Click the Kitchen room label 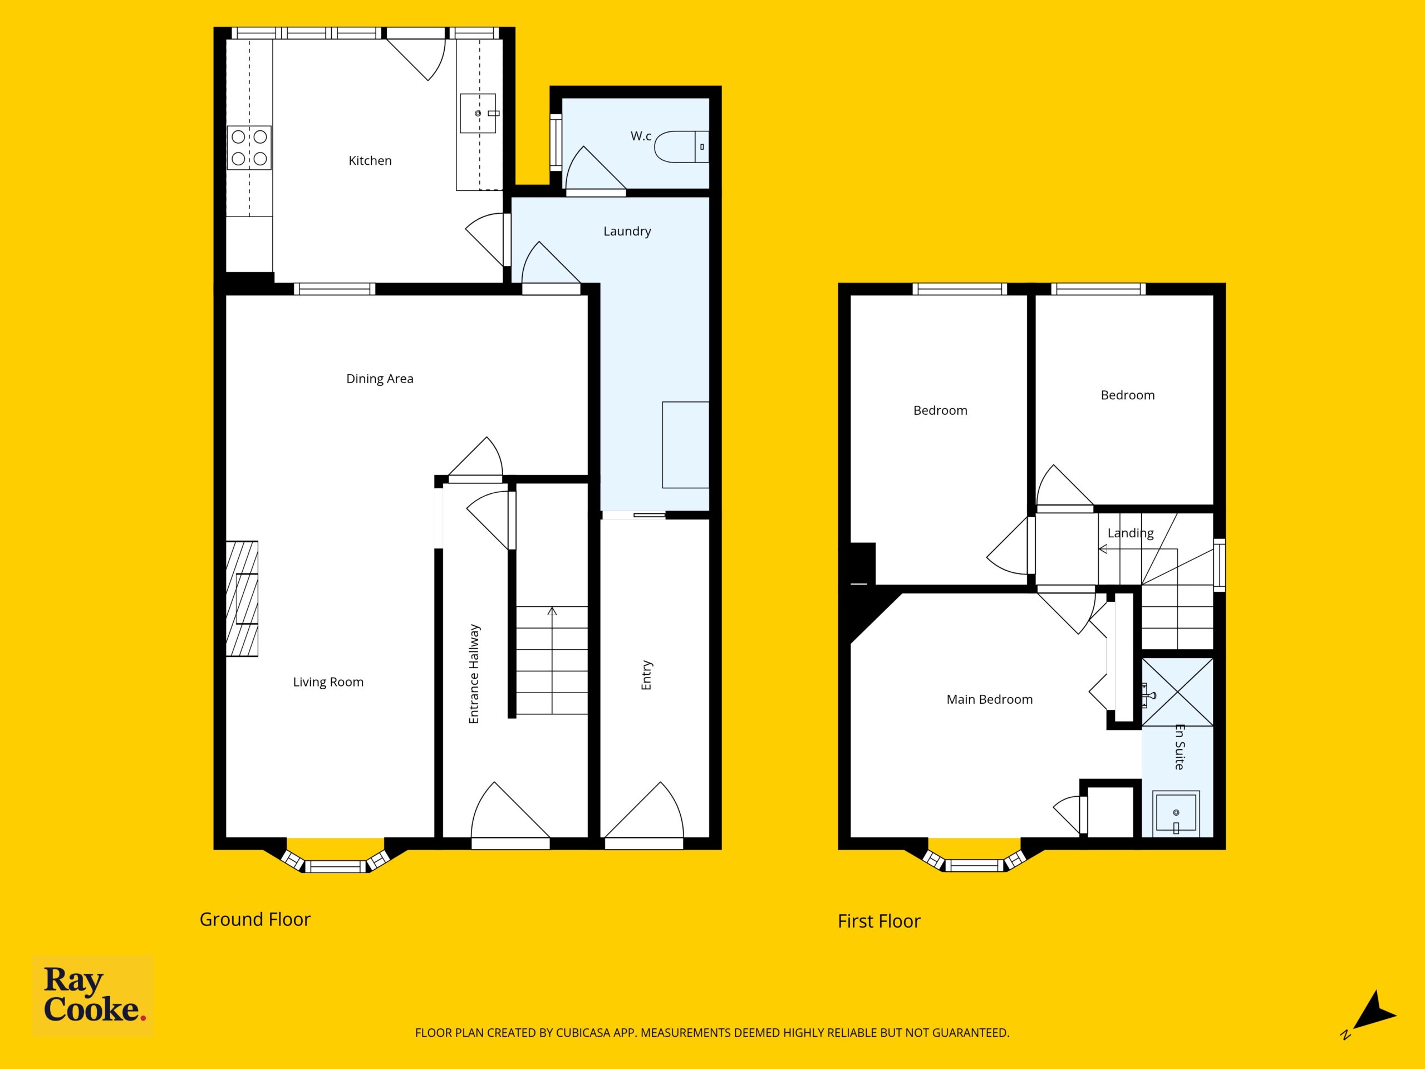[x=370, y=160]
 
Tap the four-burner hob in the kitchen [x=249, y=148]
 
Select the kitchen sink [x=478, y=114]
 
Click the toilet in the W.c [x=681, y=147]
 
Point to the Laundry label [x=627, y=231]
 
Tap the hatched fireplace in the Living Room [x=242, y=599]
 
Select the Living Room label [x=328, y=681]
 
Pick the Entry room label [x=646, y=675]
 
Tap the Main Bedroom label [x=990, y=699]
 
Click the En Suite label [x=1180, y=747]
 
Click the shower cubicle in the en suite [x=1178, y=692]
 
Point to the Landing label [x=1131, y=533]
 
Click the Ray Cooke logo [x=93, y=995]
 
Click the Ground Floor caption [x=255, y=920]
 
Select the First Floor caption [x=879, y=921]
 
